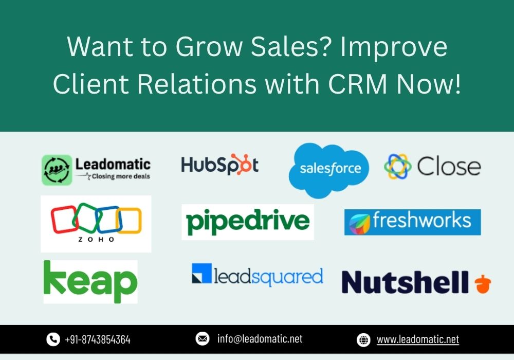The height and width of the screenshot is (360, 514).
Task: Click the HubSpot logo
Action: coord(219,164)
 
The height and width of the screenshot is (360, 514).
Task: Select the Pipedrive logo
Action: coord(248,222)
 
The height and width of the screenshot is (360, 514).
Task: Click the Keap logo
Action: coord(90,282)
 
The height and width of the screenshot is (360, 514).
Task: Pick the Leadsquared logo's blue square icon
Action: coord(201,273)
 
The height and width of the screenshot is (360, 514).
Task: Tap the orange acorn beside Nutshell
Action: coord(483,283)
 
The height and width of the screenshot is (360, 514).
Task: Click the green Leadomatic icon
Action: coord(57,170)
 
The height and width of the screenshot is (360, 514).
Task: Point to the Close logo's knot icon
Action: coord(398,166)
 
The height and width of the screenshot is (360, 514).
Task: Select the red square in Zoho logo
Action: coord(64,219)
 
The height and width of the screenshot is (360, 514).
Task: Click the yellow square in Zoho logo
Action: coord(130,221)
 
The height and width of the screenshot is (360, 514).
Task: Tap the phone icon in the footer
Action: coord(53,339)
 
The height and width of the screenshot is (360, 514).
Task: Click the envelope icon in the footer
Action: coord(202,339)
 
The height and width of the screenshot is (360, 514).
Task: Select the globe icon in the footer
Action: coord(363,339)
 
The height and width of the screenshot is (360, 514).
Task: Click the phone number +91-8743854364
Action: coord(98,339)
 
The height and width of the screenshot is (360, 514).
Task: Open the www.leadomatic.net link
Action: coord(418,339)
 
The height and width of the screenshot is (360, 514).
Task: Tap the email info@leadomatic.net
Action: coord(260,339)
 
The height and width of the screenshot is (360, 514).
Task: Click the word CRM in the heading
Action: coord(358,84)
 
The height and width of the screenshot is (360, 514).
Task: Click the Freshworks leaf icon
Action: coord(359,223)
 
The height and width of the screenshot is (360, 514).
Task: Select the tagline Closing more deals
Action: coord(121,176)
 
